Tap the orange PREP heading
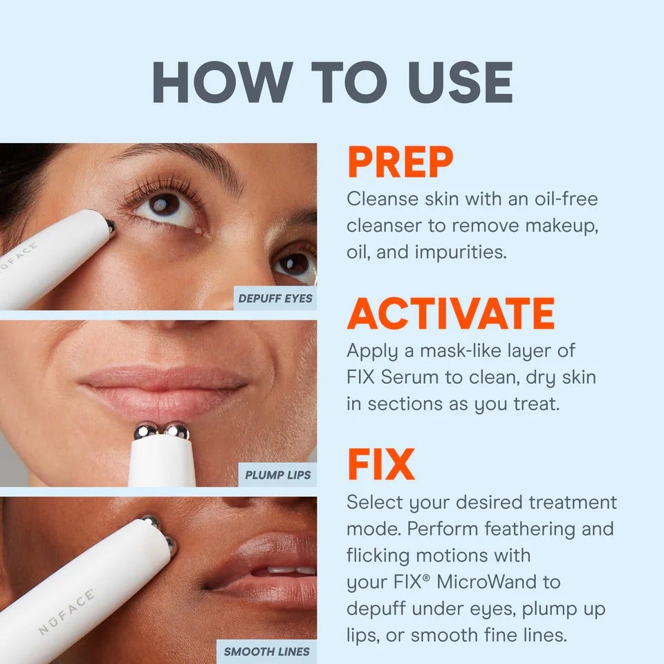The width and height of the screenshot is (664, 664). (x=400, y=163)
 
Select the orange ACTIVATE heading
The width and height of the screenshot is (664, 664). (x=450, y=315)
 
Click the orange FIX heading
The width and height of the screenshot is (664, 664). (x=380, y=465)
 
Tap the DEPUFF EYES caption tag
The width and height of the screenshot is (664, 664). (x=275, y=299)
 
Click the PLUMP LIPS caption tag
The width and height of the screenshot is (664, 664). (x=277, y=475)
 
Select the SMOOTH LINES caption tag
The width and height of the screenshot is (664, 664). (x=266, y=651)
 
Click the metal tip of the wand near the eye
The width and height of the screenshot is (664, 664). (x=110, y=226)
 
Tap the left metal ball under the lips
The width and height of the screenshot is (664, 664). (x=146, y=432)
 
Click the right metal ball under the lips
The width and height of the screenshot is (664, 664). (x=177, y=432)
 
